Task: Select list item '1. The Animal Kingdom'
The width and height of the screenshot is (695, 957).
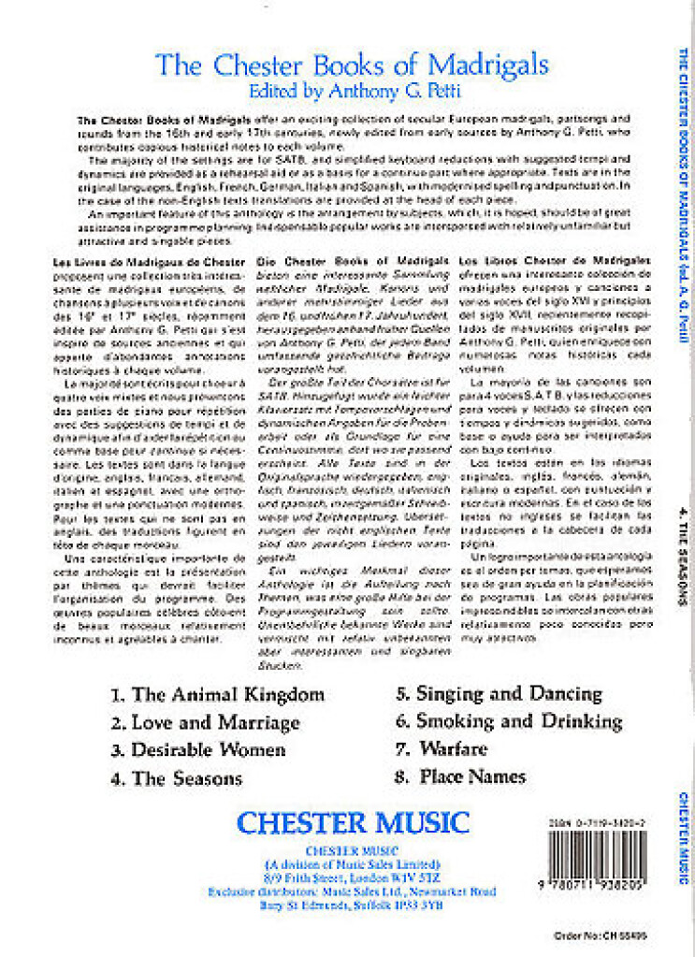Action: tap(217, 694)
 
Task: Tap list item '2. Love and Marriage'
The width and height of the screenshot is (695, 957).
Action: tap(205, 722)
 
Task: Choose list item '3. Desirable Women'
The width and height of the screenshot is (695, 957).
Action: tap(197, 750)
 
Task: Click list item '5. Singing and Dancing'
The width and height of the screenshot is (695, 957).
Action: tap(499, 693)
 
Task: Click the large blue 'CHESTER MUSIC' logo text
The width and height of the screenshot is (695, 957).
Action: tap(353, 823)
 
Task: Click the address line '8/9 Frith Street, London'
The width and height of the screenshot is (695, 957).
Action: tap(352, 877)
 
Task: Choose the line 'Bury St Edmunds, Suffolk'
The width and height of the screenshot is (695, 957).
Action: tap(352, 905)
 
